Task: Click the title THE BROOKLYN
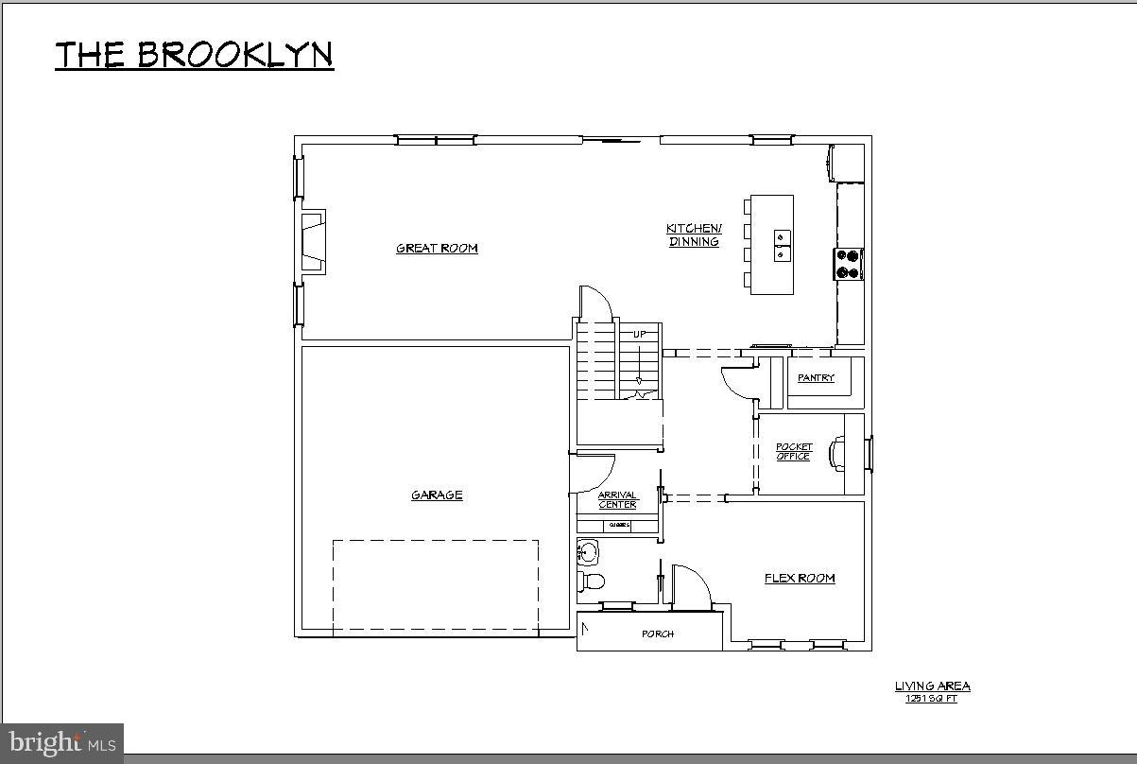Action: [194, 55]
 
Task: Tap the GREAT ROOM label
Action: [437, 249]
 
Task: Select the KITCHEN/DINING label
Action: [694, 234]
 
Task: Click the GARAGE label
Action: [437, 495]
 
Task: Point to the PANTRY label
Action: [816, 378]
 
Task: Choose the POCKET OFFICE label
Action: [794, 452]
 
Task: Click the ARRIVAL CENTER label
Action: [617, 500]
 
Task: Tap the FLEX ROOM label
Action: [800, 578]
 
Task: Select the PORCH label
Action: [658, 634]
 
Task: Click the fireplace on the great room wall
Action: [313, 242]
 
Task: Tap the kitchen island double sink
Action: [783, 245]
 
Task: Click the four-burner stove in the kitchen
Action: [849, 264]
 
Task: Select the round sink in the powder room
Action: [588, 550]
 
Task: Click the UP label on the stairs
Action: [640, 335]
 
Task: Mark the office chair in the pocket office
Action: [838, 453]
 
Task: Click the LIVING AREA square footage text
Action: [932, 691]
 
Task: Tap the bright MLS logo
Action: [62, 742]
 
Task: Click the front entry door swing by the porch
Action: [690, 584]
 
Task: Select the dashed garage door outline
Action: [436, 586]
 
